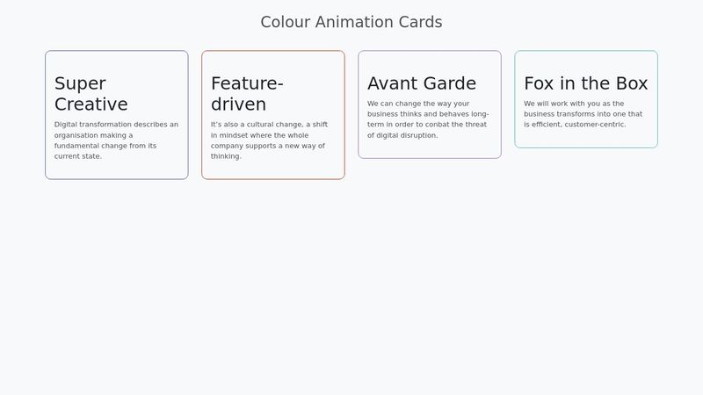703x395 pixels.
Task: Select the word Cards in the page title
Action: point(419,22)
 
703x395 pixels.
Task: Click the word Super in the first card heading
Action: point(80,83)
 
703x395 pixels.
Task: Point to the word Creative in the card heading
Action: point(91,104)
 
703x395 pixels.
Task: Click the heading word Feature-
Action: point(247,83)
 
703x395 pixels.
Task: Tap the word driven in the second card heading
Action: point(238,104)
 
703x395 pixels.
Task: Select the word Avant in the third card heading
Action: point(392,83)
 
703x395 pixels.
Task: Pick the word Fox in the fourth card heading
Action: point(540,83)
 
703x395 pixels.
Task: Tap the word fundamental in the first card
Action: point(77,146)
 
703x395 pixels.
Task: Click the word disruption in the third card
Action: point(418,135)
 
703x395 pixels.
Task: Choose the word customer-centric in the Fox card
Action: point(596,125)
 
